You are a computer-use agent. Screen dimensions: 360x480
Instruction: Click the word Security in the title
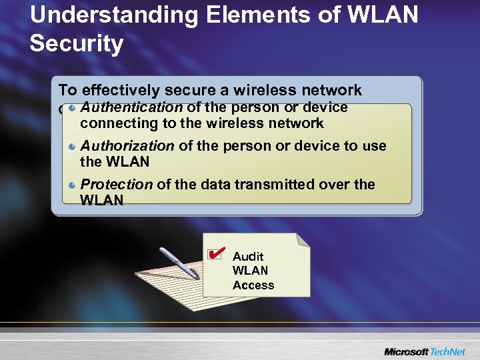(x=77, y=44)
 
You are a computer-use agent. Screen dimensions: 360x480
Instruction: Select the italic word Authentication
(x=131, y=107)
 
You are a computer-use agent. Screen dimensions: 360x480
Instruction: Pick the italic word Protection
(x=116, y=185)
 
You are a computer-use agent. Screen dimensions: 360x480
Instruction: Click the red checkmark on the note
(x=215, y=253)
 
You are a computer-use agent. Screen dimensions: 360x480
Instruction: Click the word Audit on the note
(x=248, y=257)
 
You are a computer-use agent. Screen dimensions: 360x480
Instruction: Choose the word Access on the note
(x=253, y=285)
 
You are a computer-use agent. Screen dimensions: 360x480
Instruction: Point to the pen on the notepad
(x=180, y=264)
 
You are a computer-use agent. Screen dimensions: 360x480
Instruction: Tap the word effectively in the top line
(x=121, y=91)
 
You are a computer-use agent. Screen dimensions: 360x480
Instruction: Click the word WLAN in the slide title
(x=383, y=15)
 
